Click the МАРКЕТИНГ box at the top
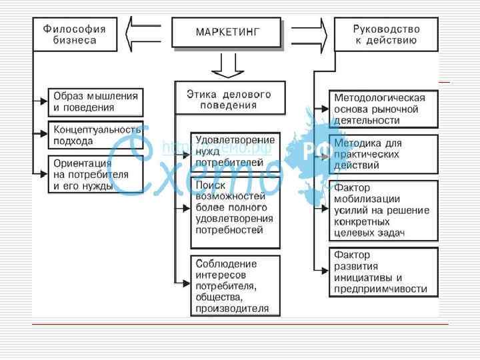pyautogui.click(x=227, y=32)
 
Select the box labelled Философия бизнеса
pyautogui.click(x=75, y=34)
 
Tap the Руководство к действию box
pyautogui.click(x=386, y=34)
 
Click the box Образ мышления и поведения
pyautogui.click(x=95, y=101)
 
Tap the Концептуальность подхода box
pyautogui.click(x=95, y=135)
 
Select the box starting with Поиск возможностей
pyautogui.click(x=235, y=207)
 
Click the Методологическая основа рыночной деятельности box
pyautogui.click(x=384, y=109)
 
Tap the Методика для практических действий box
pyautogui.click(x=384, y=153)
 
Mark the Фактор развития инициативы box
pyautogui.click(x=384, y=272)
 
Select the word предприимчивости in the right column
pyautogui.click(x=381, y=289)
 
